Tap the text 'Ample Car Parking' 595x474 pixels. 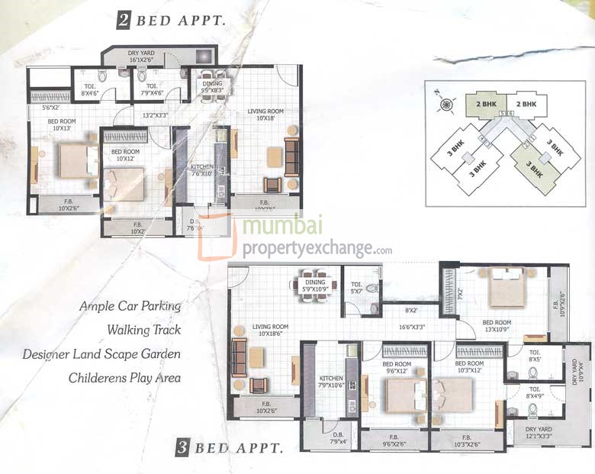[x=130, y=306]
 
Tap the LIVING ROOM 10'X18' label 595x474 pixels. [x=265, y=114]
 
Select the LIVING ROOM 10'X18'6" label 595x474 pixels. [x=270, y=330]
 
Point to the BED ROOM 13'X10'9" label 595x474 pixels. [x=497, y=326]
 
